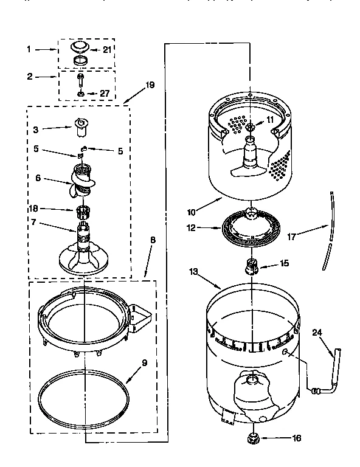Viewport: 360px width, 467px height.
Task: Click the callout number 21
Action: pyautogui.click(x=108, y=50)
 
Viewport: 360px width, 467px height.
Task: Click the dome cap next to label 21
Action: pyautogui.click(x=80, y=46)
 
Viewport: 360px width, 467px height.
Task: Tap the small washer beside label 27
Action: pyautogui.click(x=80, y=94)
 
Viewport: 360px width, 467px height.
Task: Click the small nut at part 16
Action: pyautogui.click(x=251, y=437)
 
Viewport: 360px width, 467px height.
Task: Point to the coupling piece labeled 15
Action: pyautogui.click(x=251, y=266)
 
